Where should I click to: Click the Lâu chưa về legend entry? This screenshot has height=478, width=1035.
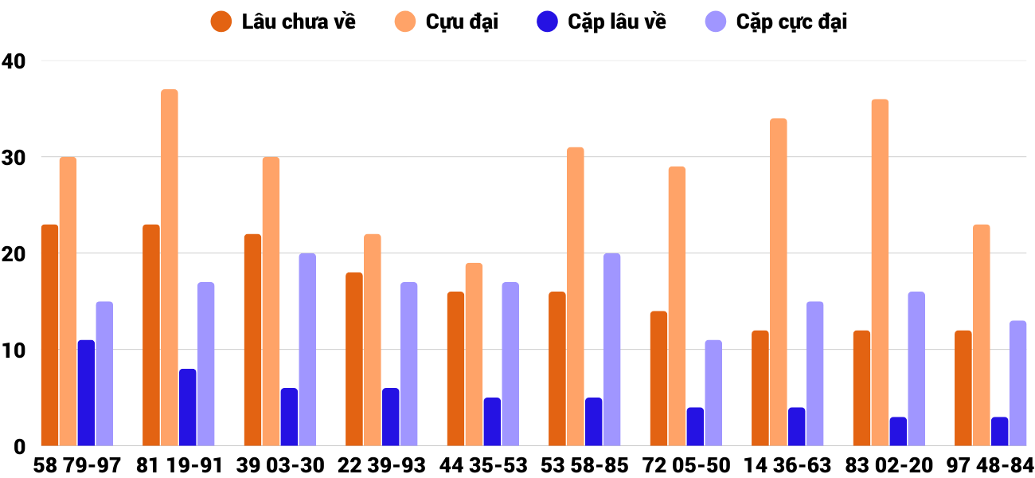click(283, 22)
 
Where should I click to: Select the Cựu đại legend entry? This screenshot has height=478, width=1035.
click(447, 22)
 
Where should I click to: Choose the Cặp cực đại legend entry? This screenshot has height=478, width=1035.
click(776, 22)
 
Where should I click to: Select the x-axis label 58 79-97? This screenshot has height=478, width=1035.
click(77, 465)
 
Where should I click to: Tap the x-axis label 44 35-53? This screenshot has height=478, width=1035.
click(483, 465)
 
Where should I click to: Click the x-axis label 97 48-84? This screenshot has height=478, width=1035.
click(990, 465)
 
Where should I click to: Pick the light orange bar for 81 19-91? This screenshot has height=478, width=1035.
click(170, 268)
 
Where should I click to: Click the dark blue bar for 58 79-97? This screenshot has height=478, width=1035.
click(86, 393)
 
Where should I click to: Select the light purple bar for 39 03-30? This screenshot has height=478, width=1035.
click(307, 350)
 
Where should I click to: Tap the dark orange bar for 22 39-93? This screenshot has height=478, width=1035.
click(354, 359)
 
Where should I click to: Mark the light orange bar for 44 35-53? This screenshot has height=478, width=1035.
click(474, 355)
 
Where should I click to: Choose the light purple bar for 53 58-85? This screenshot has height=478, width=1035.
click(611, 350)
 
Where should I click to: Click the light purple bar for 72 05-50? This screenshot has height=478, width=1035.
click(713, 393)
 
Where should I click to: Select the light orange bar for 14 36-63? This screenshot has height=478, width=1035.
click(778, 282)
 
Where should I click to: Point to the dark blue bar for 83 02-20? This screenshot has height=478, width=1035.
click(898, 431)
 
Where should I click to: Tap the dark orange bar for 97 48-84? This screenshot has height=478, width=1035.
click(963, 388)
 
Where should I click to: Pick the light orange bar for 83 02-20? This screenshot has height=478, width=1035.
click(880, 272)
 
